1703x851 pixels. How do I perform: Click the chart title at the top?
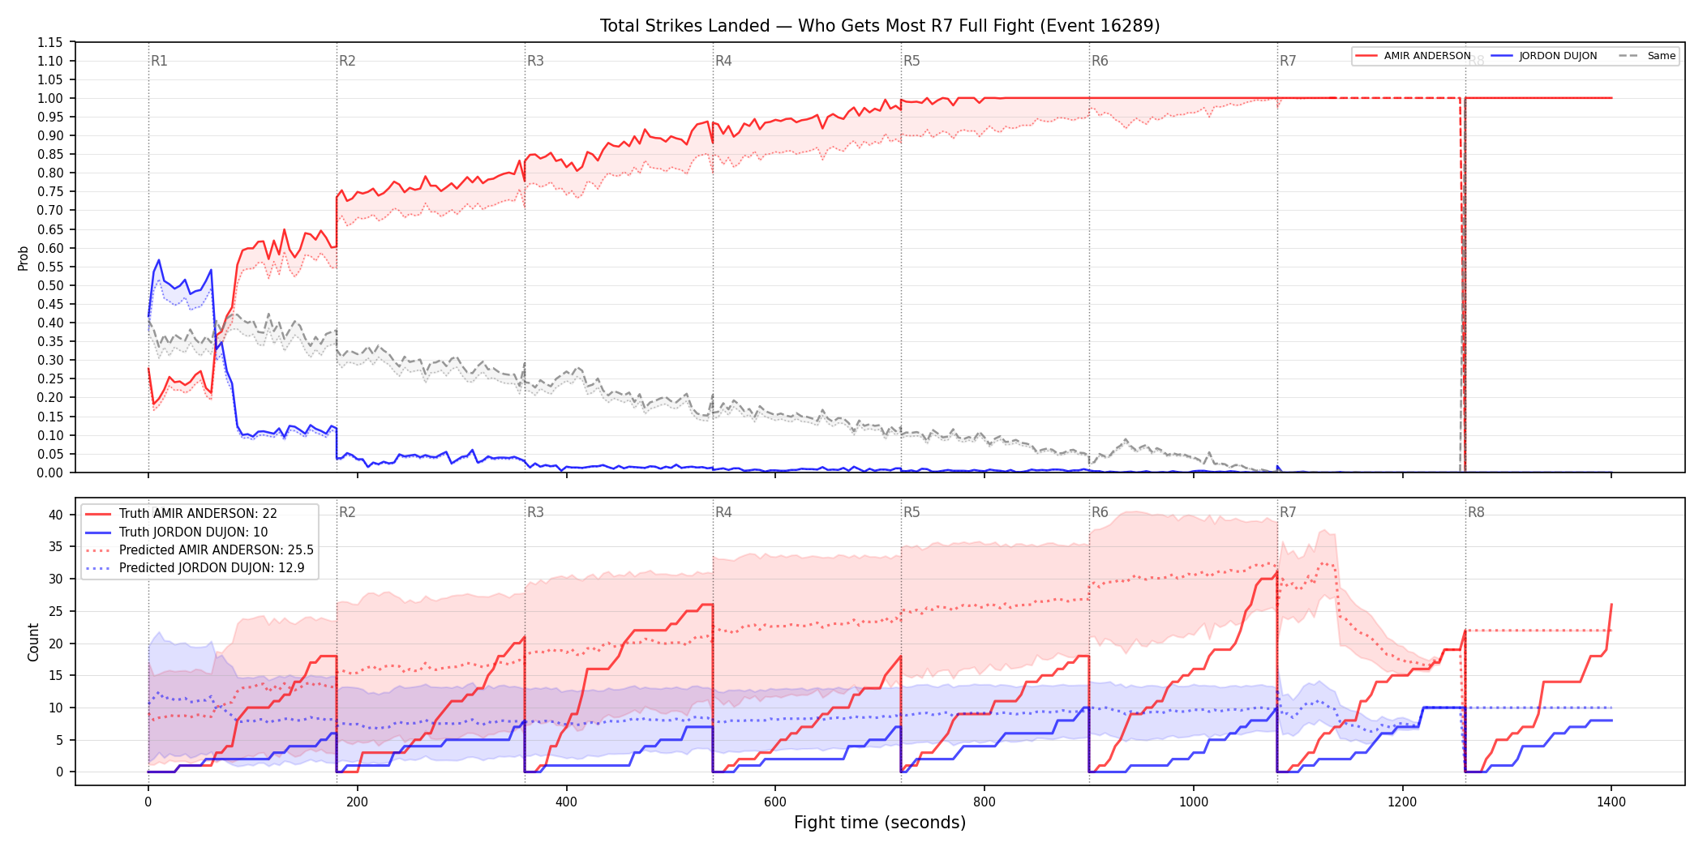point(880,26)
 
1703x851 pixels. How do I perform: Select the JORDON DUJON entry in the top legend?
point(1544,56)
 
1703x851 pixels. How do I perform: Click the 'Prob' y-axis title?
point(24,258)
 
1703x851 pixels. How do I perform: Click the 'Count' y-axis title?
point(33,642)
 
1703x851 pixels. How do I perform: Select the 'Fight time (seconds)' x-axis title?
point(880,823)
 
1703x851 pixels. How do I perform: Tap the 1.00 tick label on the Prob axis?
point(50,98)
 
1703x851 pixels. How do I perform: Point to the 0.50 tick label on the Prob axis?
point(50,285)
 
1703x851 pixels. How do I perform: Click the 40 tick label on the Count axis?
point(55,515)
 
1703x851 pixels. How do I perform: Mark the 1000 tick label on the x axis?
point(1194,802)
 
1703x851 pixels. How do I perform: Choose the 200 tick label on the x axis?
point(357,802)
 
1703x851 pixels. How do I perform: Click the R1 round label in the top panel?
point(159,61)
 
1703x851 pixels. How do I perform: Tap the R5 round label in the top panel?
point(912,61)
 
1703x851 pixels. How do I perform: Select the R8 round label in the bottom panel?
point(1476,512)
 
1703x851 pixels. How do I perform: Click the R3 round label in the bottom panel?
point(535,512)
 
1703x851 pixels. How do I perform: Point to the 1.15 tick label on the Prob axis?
point(50,42)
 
